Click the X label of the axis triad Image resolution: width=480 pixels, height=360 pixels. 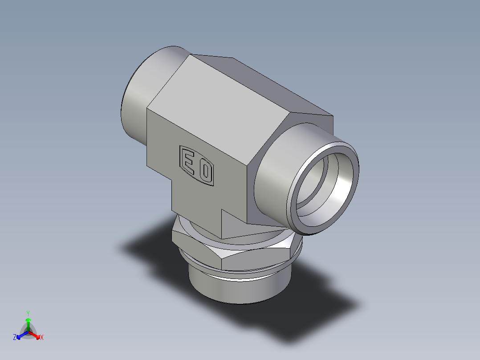(41, 338)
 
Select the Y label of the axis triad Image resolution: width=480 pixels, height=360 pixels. (28, 313)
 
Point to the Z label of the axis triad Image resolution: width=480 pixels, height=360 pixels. (15, 338)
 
